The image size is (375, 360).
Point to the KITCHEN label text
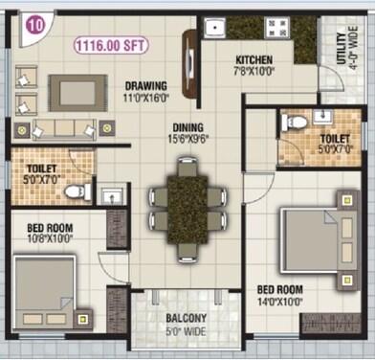click(254, 59)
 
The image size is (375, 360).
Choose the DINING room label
click(188, 126)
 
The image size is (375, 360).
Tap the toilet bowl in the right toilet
click(296, 122)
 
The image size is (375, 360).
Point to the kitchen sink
click(213, 28)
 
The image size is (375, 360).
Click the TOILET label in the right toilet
click(334, 139)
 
